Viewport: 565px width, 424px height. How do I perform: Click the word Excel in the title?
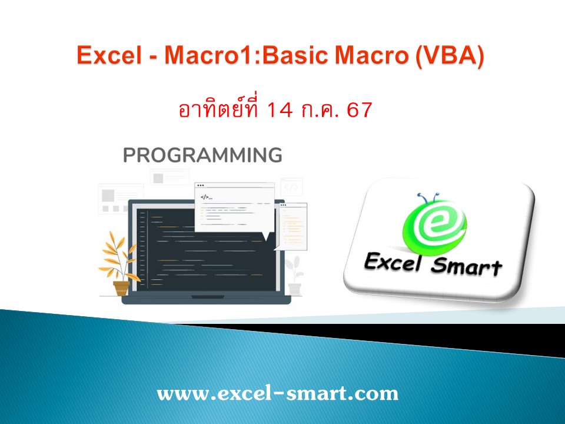pos(105,57)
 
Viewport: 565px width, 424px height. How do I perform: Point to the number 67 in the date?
pos(360,111)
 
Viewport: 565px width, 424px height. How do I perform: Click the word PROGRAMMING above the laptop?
pos(202,155)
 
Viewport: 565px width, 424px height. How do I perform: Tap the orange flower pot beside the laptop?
pos(121,288)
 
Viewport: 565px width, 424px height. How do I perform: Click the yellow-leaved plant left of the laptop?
pos(120,257)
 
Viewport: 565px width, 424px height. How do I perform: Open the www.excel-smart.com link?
pos(277,393)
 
